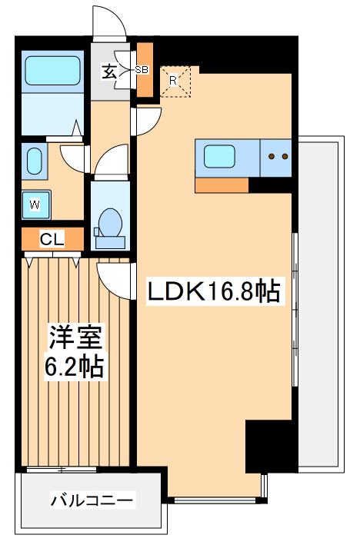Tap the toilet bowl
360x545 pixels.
click(x=110, y=222)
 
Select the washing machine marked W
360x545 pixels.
click(x=35, y=204)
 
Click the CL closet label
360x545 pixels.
click(x=52, y=239)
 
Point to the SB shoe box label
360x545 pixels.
click(x=142, y=70)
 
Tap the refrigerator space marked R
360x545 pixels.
click(x=174, y=79)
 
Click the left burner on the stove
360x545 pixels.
click(x=272, y=157)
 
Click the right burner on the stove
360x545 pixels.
click(x=285, y=157)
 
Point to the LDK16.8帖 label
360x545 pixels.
click(x=212, y=291)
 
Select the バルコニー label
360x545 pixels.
click(x=92, y=501)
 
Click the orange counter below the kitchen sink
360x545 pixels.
click(x=222, y=185)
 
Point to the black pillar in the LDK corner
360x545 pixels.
click(x=269, y=447)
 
